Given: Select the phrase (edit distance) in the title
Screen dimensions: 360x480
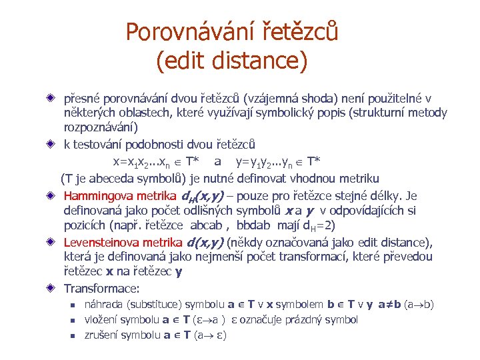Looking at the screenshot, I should point(231,62).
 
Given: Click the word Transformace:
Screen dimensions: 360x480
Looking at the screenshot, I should point(101,289).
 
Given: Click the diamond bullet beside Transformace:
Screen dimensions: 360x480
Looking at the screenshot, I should point(51,289).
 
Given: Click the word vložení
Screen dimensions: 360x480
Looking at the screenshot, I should point(100,319).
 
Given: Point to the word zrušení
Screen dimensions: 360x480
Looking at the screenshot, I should point(100,335).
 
